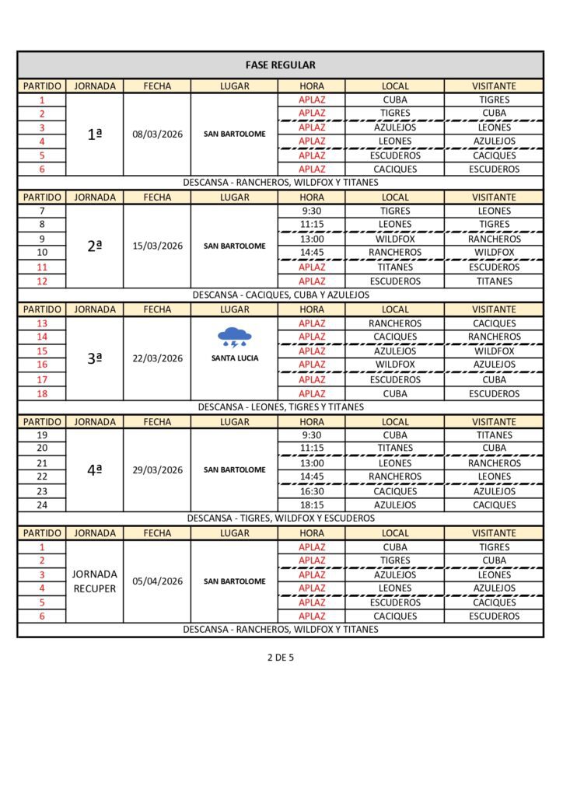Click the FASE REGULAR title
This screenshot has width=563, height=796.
point(280,65)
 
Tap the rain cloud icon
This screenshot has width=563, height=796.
point(234,337)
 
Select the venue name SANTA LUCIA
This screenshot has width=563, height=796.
point(234,358)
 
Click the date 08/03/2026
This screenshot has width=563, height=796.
point(157,134)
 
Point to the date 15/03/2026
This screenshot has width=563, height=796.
point(157,246)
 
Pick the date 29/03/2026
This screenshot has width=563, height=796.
point(157,470)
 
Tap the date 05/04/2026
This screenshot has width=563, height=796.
point(157,581)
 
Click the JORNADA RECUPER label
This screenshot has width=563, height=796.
point(94,581)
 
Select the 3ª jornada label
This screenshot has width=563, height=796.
point(94,358)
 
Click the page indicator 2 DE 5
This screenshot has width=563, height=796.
point(280,657)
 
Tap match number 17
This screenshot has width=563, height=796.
point(42,379)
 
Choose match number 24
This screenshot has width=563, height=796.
point(42,504)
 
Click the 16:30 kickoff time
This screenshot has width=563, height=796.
point(311,491)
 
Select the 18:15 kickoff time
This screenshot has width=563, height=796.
point(311,504)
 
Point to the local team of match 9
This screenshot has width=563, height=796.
point(395,239)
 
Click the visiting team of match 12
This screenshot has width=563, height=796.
point(494,281)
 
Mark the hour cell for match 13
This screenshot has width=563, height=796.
point(311,323)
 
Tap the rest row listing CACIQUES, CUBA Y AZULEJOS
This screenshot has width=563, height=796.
point(280,295)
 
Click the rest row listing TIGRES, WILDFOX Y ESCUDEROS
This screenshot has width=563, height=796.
point(280,518)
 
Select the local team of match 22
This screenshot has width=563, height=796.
point(395,477)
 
